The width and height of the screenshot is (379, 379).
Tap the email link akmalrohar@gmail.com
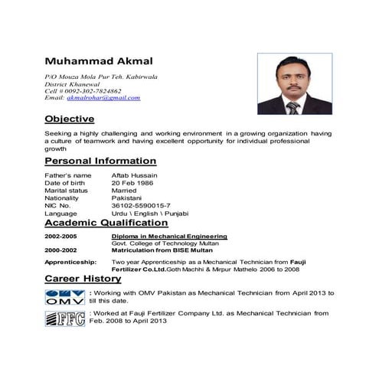[103, 99]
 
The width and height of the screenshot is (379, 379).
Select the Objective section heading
[69, 119]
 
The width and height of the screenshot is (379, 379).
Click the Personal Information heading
[100, 162]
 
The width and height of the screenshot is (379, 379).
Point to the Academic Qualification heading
[106, 223]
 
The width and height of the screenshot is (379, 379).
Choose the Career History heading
[83, 279]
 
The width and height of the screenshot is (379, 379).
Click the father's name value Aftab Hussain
[135, 176]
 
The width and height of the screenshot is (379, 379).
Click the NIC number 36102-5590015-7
[141, 205]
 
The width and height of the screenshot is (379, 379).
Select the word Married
[125, 191]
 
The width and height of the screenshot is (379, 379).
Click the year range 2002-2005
[61, 237]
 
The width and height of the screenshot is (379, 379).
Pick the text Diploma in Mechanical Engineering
[169, 237]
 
